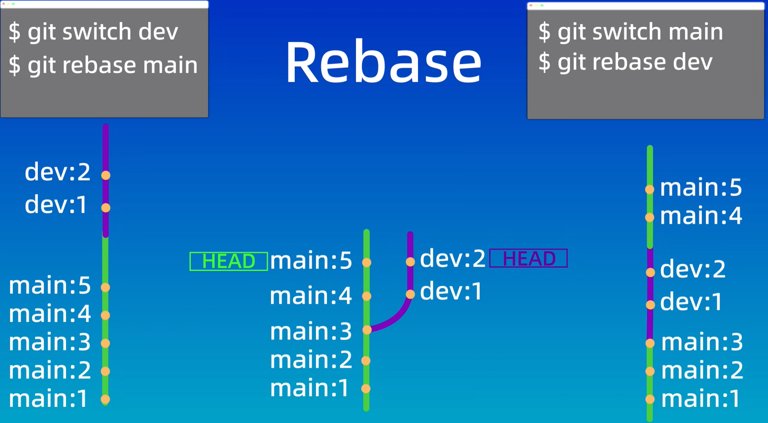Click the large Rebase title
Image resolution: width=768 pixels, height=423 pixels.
pos(383,62)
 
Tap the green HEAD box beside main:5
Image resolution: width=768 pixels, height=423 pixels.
pos(229,261)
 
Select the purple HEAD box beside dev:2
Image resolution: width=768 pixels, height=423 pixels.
pos(528,258)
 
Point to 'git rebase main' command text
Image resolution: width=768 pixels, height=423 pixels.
pos(103,65)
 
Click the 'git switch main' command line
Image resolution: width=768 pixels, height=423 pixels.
pos(631,32)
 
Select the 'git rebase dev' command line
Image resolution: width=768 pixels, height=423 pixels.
pos(625,62)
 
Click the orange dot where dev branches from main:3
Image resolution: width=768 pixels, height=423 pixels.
pos(367,329)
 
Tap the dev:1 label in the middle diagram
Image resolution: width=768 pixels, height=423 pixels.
pos(451,291)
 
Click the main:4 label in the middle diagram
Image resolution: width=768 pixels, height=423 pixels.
pos(311,296)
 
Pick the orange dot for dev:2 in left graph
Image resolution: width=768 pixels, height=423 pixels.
pos(106,176)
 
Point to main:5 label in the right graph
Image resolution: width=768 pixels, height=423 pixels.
pos(700,188)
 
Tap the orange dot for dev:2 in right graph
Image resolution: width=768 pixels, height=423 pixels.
pos(650,272)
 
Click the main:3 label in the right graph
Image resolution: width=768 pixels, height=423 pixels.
pos(702,342)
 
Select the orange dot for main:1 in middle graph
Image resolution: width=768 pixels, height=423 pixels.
pos(366,389)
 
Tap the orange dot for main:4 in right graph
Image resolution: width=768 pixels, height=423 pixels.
pos(650,217)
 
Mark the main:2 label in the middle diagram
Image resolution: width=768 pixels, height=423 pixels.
pos(311,360)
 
